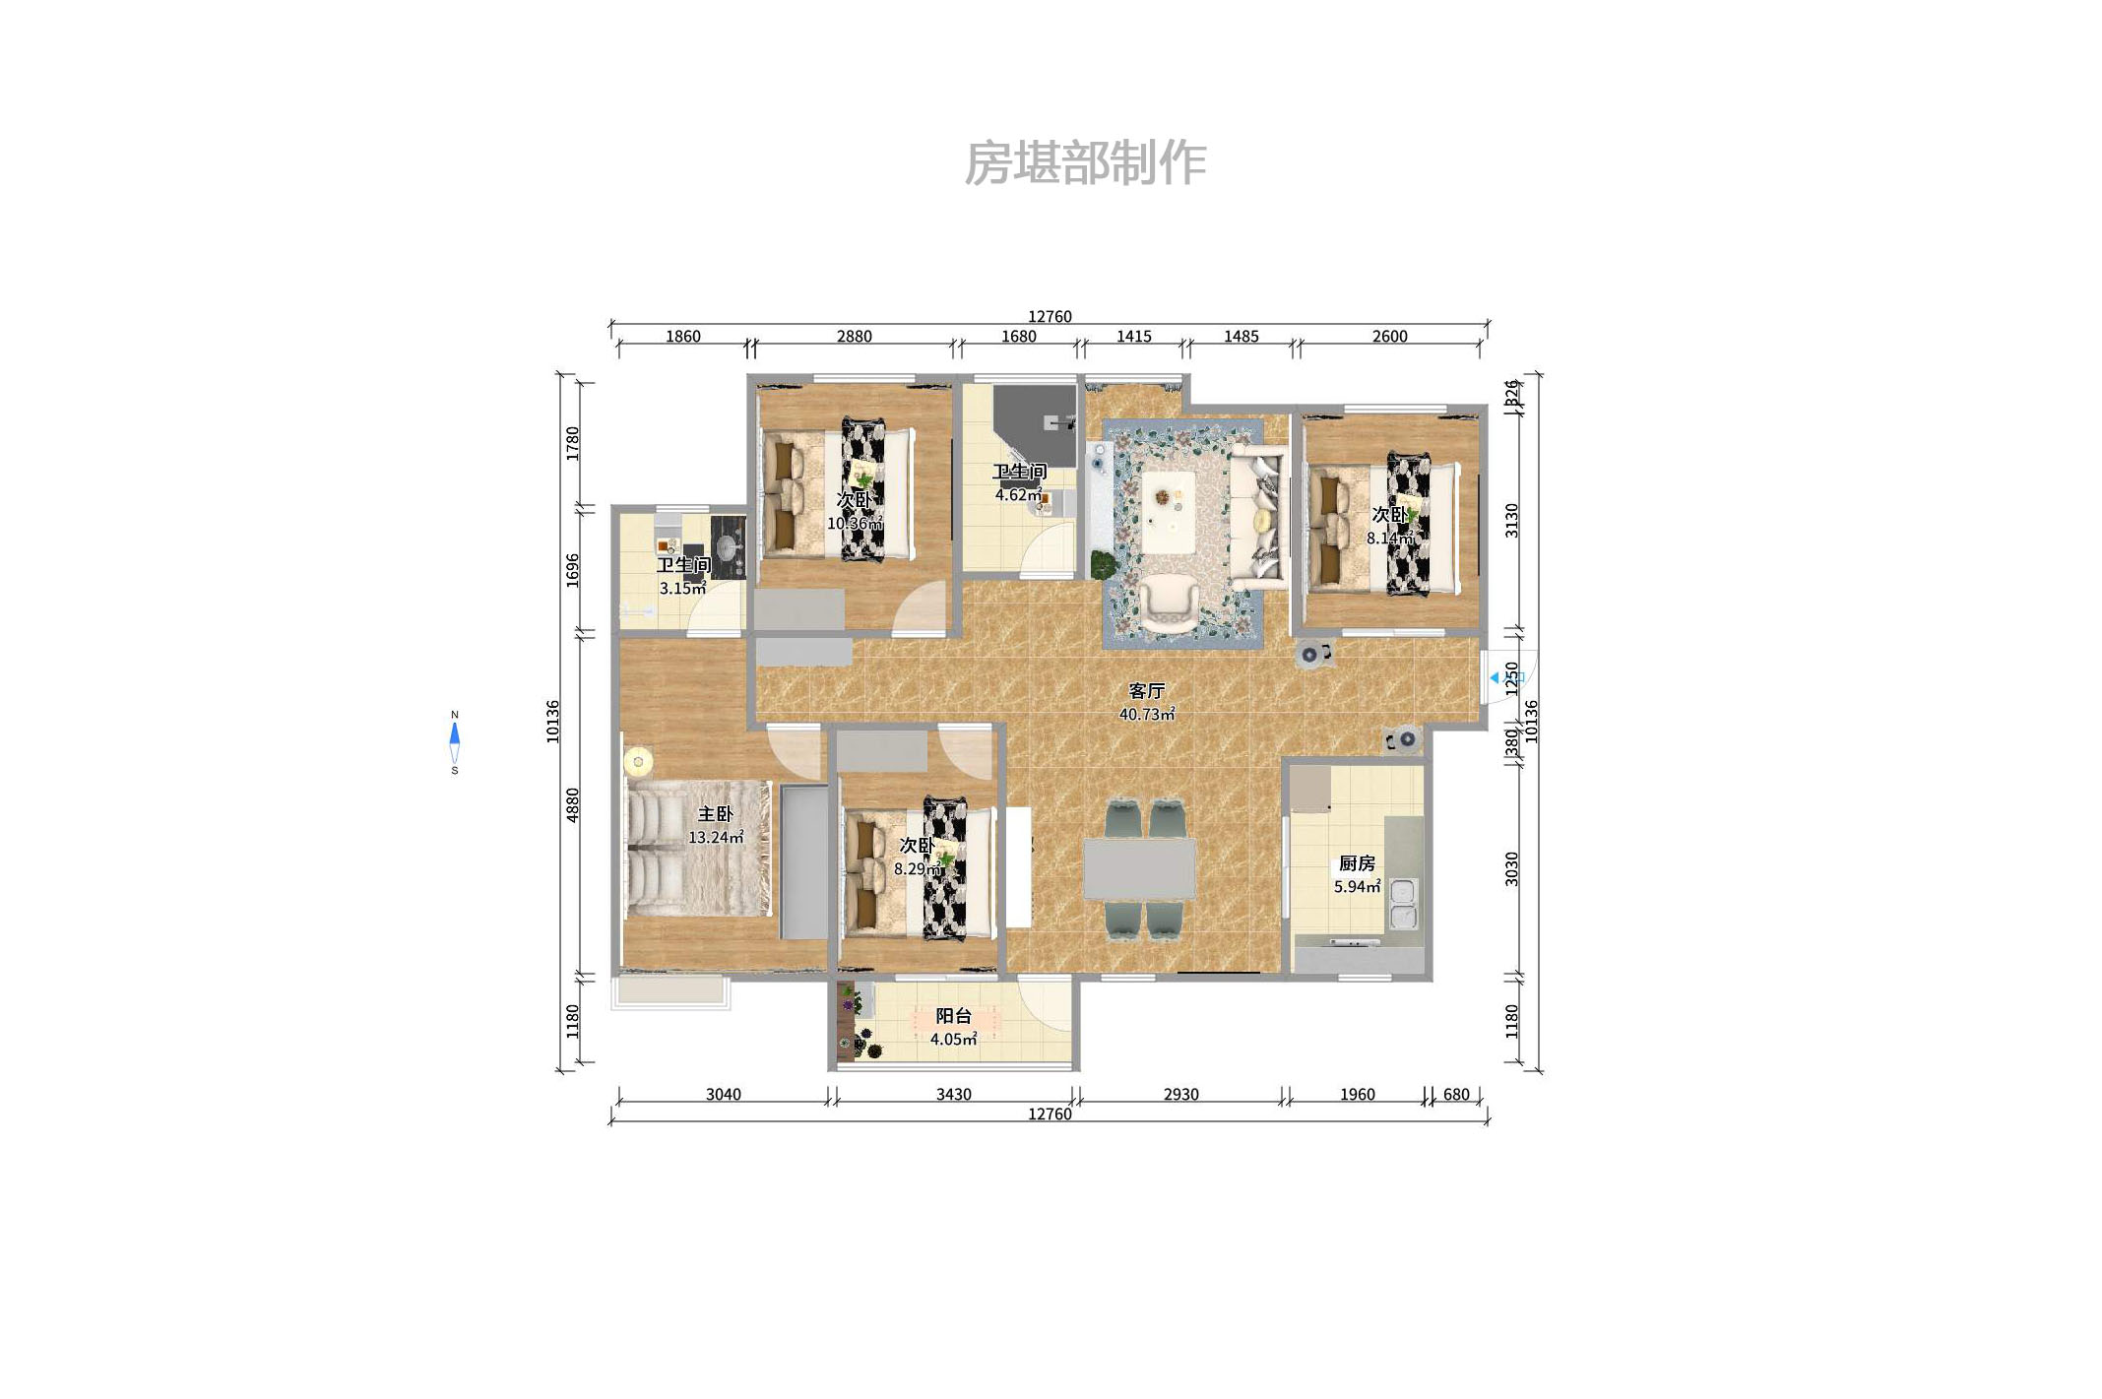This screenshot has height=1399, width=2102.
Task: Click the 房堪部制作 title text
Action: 1084,163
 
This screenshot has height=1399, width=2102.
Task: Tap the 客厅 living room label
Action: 1145,691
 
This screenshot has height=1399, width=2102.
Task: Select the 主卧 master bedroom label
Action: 715,814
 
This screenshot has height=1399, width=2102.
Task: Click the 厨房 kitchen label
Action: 1356,863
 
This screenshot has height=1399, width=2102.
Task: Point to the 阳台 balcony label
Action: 953,1016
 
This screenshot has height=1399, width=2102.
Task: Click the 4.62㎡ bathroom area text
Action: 1017,495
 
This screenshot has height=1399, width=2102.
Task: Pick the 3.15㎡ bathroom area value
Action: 682,589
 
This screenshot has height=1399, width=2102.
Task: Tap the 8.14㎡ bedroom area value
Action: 1388,539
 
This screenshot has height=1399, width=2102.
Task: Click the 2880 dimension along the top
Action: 854,337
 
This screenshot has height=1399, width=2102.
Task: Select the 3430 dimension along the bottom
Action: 953,1095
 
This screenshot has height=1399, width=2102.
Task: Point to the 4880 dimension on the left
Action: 573,805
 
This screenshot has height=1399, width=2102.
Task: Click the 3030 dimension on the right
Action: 1512,868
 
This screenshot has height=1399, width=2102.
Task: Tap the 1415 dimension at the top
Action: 1133,337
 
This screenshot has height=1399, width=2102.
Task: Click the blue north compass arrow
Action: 455,734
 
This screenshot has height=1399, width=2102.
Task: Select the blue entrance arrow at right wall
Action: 1495,677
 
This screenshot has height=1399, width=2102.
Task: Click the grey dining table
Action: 1139,868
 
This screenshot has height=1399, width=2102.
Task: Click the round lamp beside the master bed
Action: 638,761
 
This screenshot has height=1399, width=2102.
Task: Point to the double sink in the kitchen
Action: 1402,904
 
